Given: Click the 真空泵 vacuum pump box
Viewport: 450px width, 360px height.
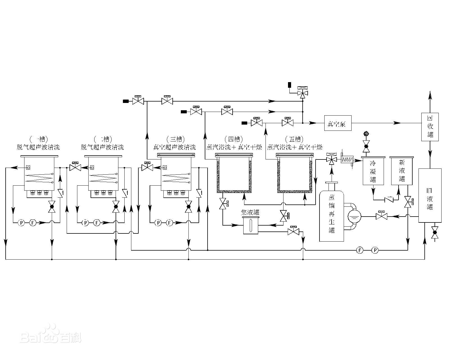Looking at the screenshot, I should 338,123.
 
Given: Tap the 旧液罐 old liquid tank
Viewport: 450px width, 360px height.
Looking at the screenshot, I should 430,195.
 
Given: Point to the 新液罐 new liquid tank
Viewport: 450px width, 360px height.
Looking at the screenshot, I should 402,171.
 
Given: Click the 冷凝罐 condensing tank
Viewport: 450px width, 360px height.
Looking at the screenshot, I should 373,171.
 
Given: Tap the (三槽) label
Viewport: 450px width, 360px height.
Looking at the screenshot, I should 176,139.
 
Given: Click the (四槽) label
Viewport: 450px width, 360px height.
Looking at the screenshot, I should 234,139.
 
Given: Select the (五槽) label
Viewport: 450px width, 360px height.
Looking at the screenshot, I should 294,139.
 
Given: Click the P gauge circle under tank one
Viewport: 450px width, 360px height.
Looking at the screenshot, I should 21,223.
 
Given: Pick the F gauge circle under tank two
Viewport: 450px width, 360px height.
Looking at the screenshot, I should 97,223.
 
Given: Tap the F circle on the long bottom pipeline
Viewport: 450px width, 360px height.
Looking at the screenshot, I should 360,250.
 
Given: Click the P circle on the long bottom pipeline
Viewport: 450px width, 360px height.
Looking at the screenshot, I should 375,250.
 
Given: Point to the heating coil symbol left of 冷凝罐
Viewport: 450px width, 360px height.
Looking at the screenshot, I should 346,160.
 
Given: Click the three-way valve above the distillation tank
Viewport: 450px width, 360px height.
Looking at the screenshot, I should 332,160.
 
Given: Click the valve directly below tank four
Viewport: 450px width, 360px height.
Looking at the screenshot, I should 223,203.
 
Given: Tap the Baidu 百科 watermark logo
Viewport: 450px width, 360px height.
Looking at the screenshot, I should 51,336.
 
